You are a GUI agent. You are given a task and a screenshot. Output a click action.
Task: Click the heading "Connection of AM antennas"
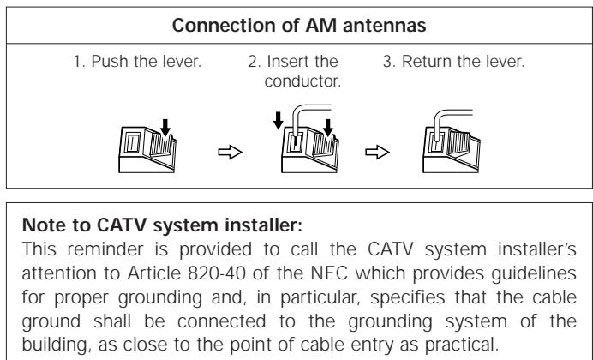299,26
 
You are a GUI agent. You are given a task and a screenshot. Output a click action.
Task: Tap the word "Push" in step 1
111,61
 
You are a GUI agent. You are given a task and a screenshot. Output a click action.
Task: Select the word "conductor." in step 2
302,81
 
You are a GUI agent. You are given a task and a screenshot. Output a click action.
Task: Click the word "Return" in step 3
426,61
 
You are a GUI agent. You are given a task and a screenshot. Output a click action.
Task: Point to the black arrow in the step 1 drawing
165,128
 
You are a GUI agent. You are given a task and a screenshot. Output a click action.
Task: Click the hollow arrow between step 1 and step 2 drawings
230,152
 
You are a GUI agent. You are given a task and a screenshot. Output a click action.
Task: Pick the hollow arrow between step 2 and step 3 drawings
377,152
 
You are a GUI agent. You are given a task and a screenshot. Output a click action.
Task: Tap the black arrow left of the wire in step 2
278,120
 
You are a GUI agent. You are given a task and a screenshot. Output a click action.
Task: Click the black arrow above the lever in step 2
328,128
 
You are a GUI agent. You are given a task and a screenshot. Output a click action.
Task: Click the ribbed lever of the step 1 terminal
161,142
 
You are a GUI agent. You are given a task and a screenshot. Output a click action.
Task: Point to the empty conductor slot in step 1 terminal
132,143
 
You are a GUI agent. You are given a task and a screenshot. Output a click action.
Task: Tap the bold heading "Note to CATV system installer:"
162,225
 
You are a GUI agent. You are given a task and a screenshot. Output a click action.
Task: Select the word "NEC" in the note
329,273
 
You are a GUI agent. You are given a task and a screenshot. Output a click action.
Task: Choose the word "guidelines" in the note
534,273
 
